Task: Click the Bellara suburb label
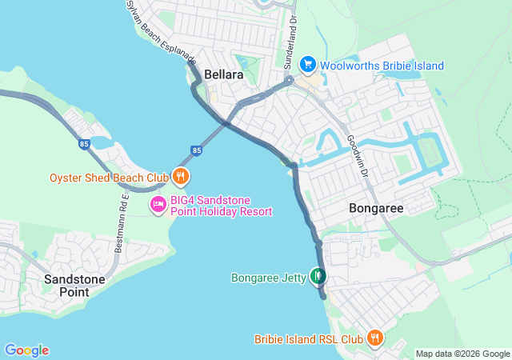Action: pos(224,74)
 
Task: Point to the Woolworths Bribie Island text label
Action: pos(382,65)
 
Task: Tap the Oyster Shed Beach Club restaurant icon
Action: pos(182,177)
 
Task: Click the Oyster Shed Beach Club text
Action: pos(109,177)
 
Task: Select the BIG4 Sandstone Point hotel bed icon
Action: pos(158,206)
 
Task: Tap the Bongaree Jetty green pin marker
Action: pos(318,277)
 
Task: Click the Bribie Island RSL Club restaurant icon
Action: pos(374,338)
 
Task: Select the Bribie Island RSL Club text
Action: pos(309,339)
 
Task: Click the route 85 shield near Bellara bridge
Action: pos(197,150)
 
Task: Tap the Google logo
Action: pos(26,350)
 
